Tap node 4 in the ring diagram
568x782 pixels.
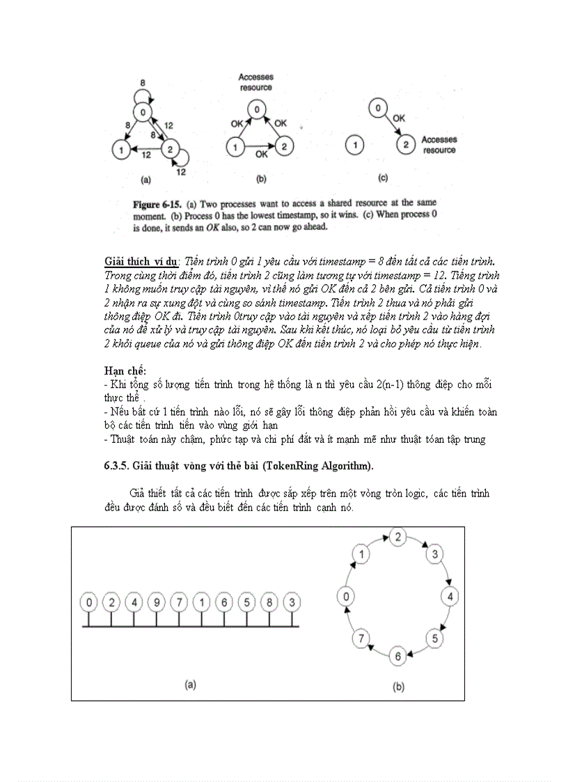point(451,597)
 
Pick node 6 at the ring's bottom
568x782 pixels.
point(397,655)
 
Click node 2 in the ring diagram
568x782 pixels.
point(397,537)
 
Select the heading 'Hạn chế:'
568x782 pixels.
point(125,370)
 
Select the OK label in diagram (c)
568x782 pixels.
point(398,118)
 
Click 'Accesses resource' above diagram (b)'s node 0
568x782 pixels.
point(255,82)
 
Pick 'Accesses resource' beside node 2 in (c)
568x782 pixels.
point(439,145)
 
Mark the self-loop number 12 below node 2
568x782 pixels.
point(182,171)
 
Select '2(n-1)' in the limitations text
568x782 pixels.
point(379,384)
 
